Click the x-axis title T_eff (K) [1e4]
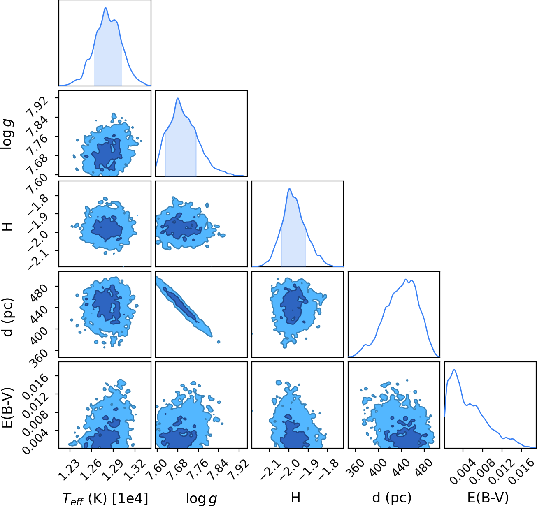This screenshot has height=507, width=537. (x=105, y=498)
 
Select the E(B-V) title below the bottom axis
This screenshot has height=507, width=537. (x=488, y=497)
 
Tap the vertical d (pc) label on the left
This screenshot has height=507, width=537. (x=8, y=317)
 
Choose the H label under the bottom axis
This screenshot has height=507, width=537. (x=295, y=497)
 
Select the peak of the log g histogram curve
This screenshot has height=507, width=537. (x=178, y=98)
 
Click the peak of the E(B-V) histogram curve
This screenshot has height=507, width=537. (x=454, y=370)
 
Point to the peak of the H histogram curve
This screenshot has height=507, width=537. (x=289, y=188)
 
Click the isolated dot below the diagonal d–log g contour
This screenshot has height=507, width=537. (x=219, y=342)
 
